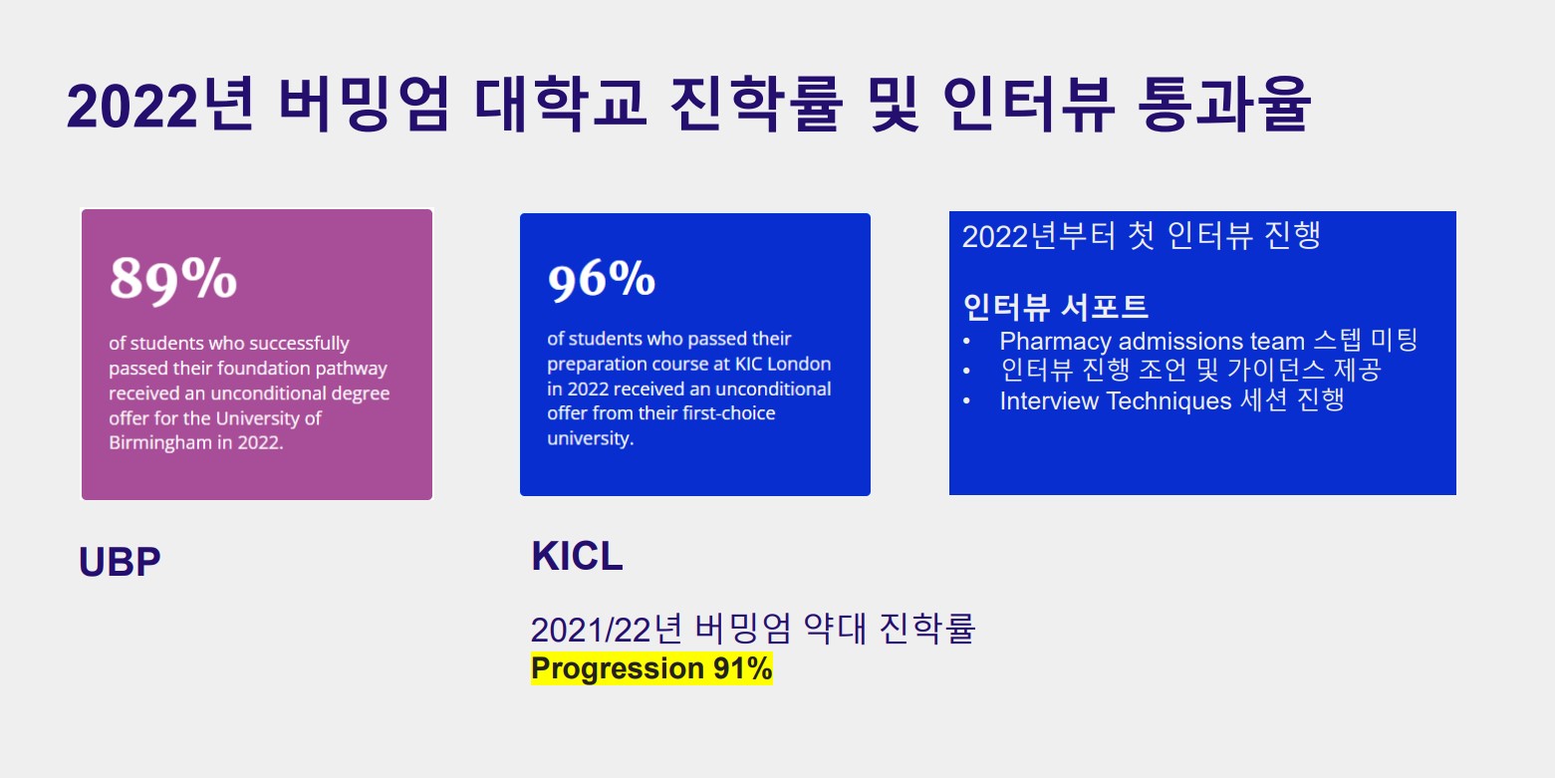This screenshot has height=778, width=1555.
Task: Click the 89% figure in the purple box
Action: (x=173, y=279)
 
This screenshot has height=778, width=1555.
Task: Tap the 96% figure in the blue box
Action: (x=601, y=280)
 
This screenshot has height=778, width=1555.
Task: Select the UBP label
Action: (x=120, y=562)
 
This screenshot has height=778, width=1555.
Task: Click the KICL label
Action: (x=577, y=556)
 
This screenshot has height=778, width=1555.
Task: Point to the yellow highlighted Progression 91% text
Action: (x=651, y=668)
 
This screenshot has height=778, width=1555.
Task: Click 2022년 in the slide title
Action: (x=160, y=105)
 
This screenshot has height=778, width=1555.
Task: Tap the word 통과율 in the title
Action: (x=1224, y=105)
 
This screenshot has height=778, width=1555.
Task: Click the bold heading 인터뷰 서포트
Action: (x=1055, y=307)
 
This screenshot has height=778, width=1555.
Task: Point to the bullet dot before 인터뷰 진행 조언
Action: (x=967, y=372)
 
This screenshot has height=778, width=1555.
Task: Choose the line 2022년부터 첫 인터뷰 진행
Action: (x=1142, y=236)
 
